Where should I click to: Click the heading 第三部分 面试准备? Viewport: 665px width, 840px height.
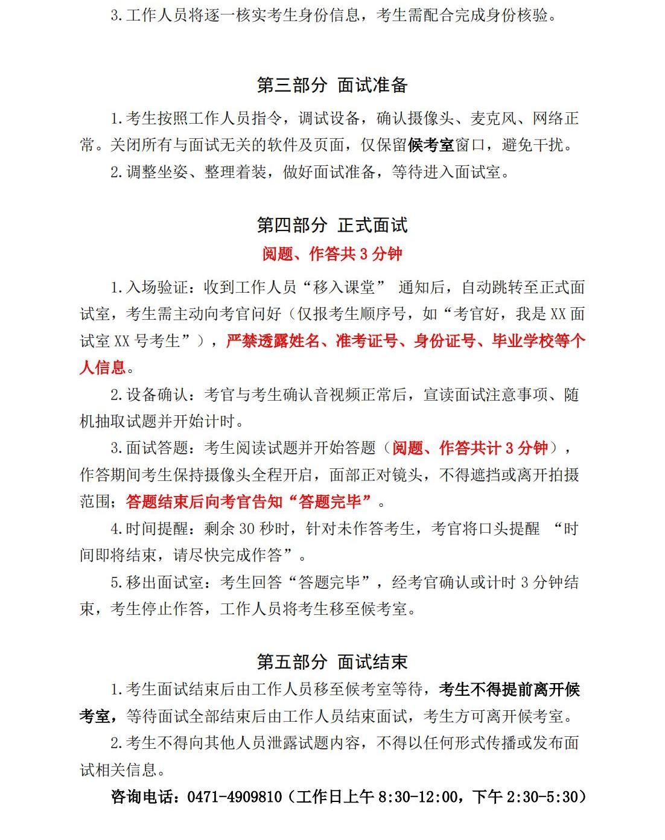tap(332, 86)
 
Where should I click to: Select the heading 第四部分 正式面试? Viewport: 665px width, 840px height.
tap(332, 226)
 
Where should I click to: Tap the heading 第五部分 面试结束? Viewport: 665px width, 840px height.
tap(332, 662)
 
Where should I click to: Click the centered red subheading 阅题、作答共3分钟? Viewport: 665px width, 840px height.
tap(332, 254)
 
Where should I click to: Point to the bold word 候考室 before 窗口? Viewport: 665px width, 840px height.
tap(431, 145)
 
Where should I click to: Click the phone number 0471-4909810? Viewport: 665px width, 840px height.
tap(235, 797)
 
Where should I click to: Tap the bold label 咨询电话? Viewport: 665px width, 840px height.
tap(142, 797)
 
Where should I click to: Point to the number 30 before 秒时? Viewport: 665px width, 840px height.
tap(248, 529)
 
